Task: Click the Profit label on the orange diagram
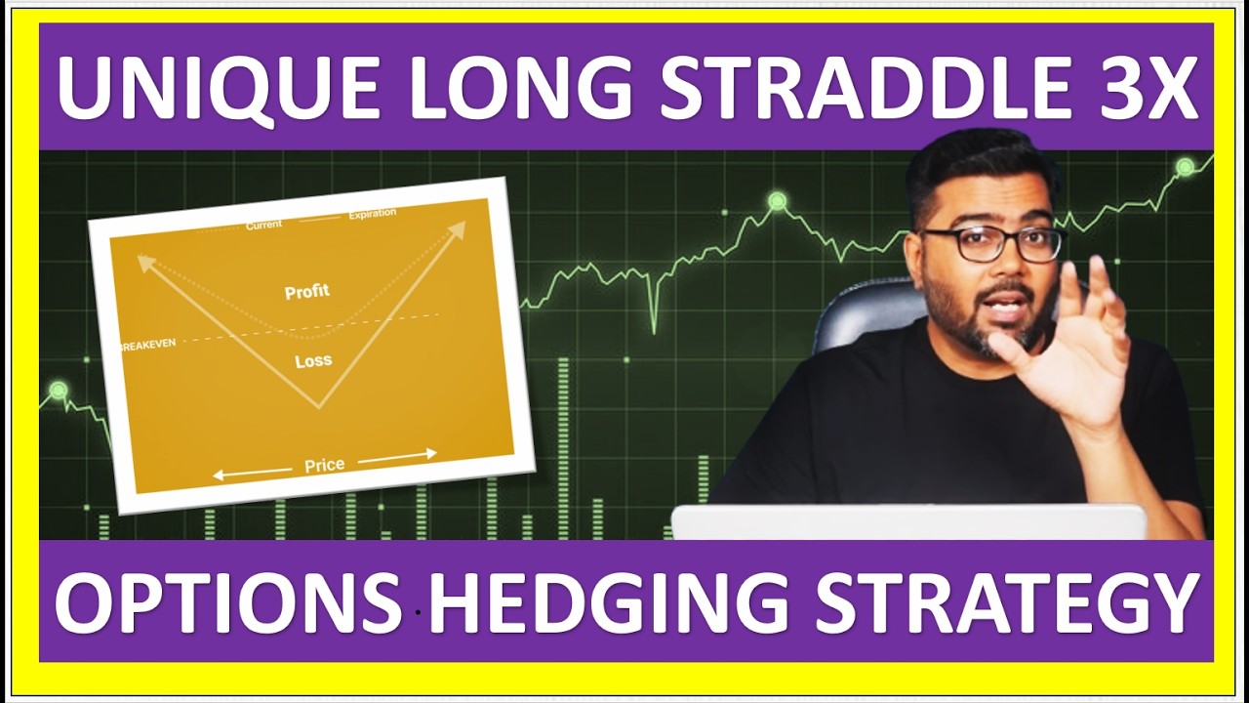point(306,292)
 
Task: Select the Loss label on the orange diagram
point(313,361)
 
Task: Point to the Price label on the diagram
point(324,466)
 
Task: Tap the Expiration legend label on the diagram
point(372,214)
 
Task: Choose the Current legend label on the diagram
point(263,226)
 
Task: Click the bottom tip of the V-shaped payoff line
point(318,407)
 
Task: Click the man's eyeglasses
point(989,244)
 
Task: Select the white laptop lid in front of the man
point(907,522)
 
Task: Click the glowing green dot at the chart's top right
point(1185,167)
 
